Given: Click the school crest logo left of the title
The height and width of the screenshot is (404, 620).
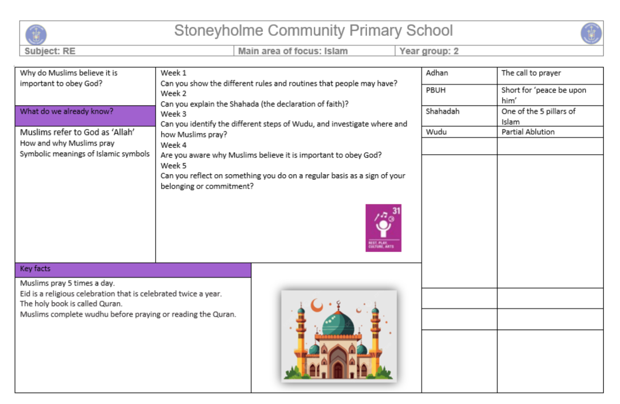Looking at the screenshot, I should click(x=36, y=35).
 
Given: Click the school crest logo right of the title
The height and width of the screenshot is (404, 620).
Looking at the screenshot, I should click(x=591, y=33).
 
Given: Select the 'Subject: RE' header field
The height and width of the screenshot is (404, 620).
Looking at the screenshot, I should click(x=50, y=51).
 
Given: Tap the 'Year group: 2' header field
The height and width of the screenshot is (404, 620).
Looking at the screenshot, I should click(x=429, y=51).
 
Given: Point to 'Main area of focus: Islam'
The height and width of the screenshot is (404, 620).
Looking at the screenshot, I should click(x=293, y=51).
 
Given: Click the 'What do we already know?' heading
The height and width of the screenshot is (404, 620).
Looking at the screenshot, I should click(x=67, y=112).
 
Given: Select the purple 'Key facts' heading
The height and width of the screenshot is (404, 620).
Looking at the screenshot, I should click(x=35, y=269).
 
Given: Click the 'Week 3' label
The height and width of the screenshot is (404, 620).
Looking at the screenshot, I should click(x=174, y=114).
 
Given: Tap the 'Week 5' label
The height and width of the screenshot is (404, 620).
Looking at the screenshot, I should click(x=174, y=166).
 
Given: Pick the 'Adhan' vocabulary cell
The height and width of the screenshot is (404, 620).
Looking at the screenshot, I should click(x=437, y=73).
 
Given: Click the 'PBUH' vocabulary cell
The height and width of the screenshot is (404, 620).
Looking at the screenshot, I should click(x=436, y=90).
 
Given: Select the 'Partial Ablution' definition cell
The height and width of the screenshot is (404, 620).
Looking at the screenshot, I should click(x=528, y=132).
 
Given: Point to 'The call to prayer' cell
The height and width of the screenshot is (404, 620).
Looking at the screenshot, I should click(x=531, y=73).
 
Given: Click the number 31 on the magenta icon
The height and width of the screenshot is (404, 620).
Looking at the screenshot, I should click(x=396, y=211).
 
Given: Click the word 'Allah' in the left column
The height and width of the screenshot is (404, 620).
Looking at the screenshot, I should click(x=124, y=132).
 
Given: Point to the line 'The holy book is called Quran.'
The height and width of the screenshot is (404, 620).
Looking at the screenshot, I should click(x=71, y=304).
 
